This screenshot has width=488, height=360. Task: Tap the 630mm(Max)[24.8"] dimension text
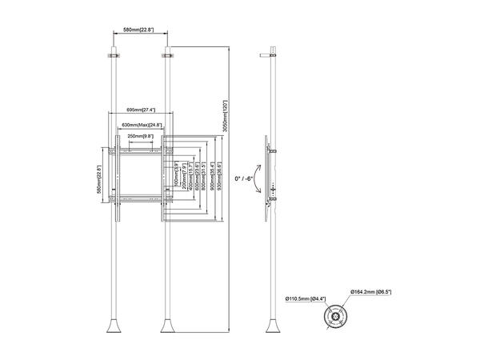tap(141, 126)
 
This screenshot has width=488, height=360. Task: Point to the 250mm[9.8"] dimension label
tap(141, 137)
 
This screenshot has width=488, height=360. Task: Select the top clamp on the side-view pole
tap(274, 56)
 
